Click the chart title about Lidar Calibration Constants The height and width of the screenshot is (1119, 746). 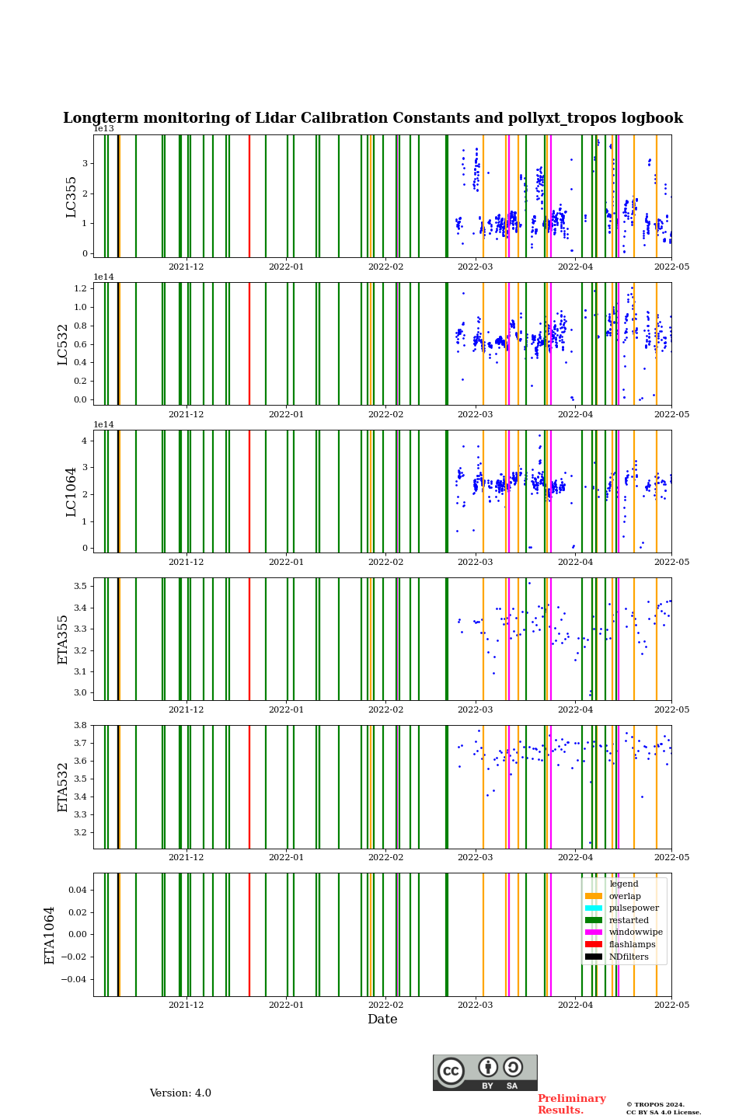click(x=373, y=118)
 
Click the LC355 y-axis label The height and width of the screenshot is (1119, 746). click(x=71, y=197)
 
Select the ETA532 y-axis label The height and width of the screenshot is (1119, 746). click(x=63, y=787)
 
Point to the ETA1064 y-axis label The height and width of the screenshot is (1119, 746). click(x=50, y=935)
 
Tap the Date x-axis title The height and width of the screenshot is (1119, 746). click(x=382, y=1020)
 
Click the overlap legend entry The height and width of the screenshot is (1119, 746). click(x=625, y=896)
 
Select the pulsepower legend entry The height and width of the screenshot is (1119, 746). click(x=633, y=908)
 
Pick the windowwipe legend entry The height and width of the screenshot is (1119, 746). click(x=636, y=932)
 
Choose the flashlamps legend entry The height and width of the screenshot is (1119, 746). click(x=632, y=945)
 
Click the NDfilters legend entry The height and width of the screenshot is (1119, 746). click(x=629, y=957)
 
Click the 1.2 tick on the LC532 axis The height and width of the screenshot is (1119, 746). click(x=81, y=288)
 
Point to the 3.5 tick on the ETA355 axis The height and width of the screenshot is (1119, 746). click(x=81, y=586)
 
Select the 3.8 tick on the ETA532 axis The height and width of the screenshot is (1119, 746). click(x=81, y=725)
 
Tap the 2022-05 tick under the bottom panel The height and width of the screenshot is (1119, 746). click(x=671, y=1005)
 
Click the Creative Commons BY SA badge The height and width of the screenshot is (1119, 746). click(x=485, y=1072)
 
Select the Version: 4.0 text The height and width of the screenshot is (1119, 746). click(x=180, y=1093)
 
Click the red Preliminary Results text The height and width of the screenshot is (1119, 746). click(x=571, y=1104)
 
